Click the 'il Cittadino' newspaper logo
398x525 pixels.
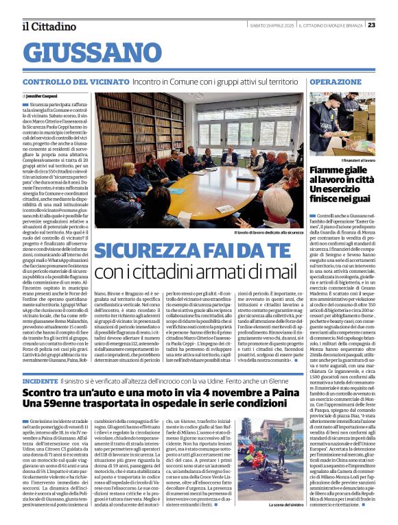(49, 26)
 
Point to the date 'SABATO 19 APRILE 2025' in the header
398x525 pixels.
(264, 25)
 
